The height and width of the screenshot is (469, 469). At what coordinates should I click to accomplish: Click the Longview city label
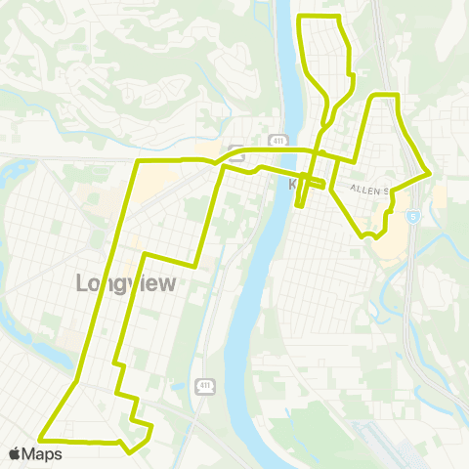(126, 283)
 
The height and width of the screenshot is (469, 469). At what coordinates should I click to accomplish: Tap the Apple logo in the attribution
(14, 453)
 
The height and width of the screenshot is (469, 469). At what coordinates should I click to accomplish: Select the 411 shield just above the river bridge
(277, 141)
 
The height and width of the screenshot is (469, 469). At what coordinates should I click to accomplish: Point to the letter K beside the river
(294, 183)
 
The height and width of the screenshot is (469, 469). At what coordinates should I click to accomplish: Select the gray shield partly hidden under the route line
(235, 151)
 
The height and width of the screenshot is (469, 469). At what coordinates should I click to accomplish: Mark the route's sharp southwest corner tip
(40, 437)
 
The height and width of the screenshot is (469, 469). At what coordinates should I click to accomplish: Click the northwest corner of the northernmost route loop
(300, 18)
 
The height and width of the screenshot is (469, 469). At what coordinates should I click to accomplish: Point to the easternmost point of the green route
(430, 173)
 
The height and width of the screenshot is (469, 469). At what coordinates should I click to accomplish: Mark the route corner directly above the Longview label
(145, 254)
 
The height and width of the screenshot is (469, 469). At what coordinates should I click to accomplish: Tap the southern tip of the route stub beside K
(297, 205)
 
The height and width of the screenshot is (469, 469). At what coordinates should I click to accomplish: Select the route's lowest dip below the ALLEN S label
(366, 236)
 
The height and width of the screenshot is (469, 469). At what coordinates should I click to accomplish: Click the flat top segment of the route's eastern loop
(384, 95)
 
